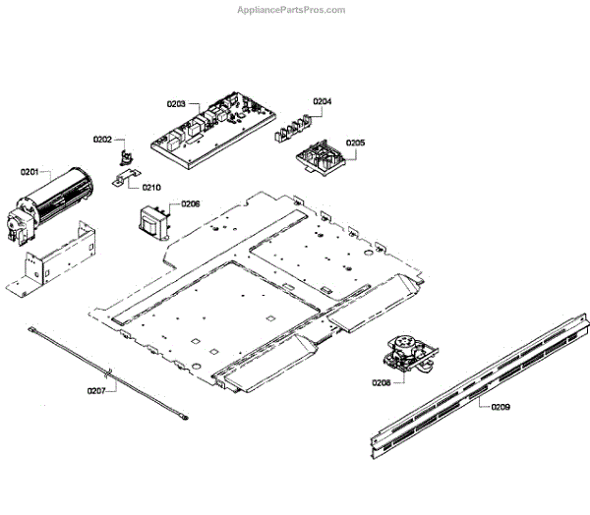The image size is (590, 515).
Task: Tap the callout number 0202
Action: [x=103, y=140]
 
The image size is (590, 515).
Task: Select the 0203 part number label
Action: [x=176, y=103]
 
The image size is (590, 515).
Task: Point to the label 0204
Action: [x=323, y=101]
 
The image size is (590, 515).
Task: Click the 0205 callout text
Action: [x=355, y=143]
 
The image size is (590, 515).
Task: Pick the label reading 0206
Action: [x=190, y=204]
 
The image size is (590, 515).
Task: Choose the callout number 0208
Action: [x=382, y=382]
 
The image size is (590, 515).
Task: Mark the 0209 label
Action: [x=501, y=405]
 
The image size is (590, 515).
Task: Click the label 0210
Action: [x=151, y=187]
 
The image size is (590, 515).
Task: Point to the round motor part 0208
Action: [x=406, y=353]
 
